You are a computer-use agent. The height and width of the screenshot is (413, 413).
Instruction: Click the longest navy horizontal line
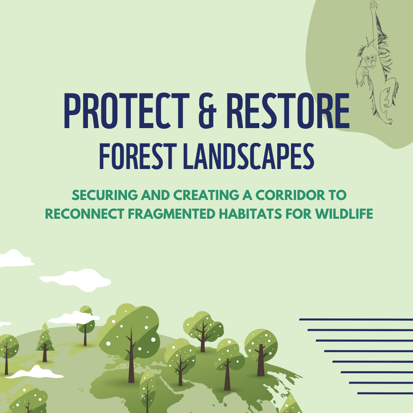click(356, 319)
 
